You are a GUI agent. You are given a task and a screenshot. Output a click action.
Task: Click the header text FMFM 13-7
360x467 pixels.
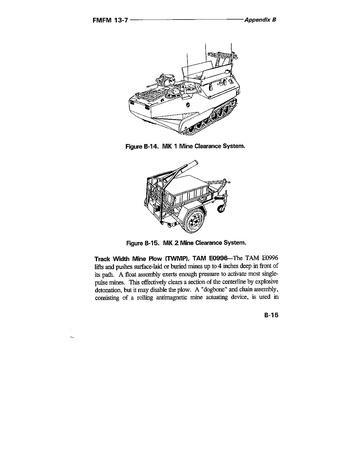110,20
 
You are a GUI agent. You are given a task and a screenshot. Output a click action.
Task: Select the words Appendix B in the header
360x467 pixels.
260,20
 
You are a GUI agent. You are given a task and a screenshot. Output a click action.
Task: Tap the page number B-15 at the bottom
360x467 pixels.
271,315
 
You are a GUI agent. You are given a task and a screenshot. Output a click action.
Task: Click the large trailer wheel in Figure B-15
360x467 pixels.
194,220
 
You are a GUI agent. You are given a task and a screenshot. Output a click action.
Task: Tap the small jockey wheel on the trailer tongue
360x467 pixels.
221,209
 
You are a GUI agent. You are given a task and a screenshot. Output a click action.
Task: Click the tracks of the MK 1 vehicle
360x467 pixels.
211,119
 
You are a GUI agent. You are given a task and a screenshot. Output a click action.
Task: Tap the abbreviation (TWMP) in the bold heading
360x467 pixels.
175,259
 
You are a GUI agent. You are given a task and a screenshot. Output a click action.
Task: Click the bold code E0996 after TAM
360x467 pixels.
218,259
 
